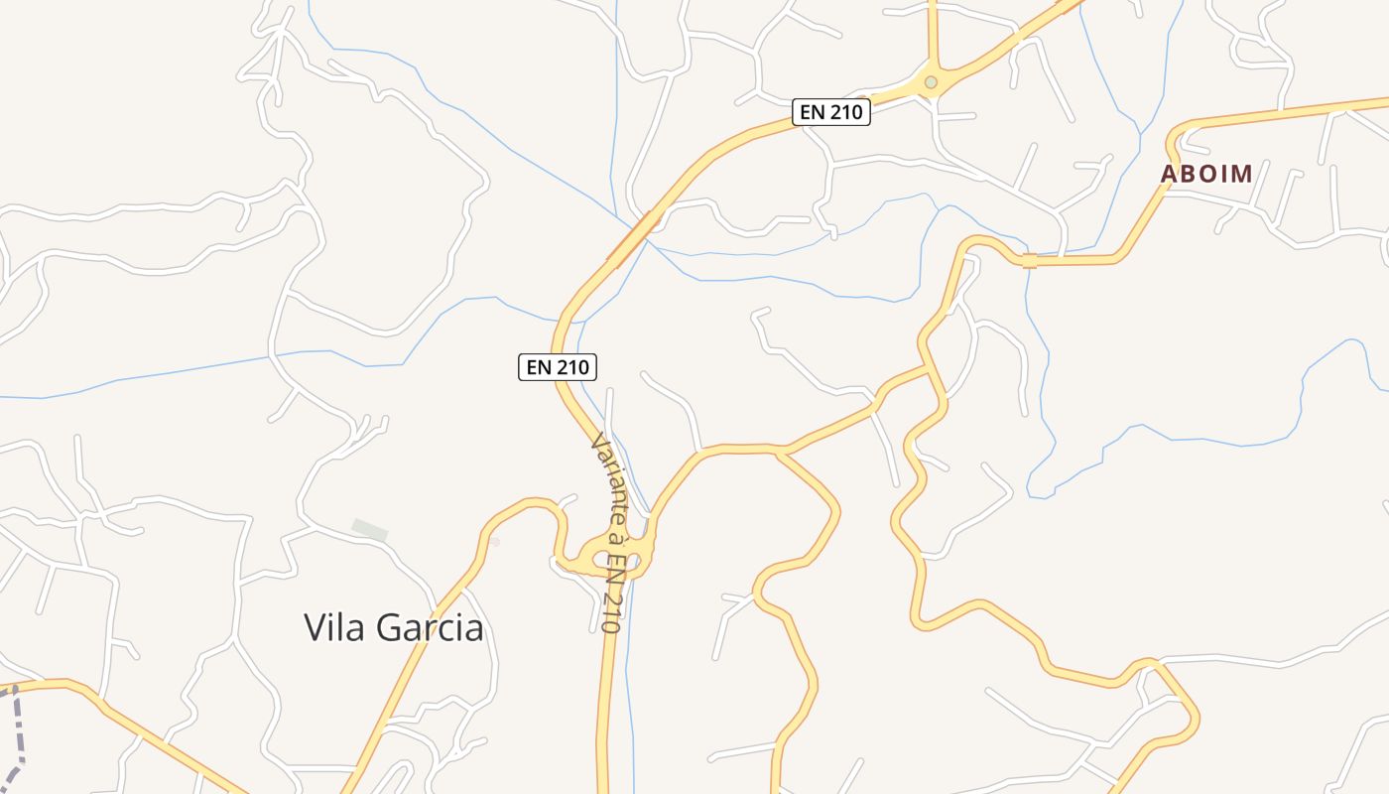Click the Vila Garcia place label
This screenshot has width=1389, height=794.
coord(394,627)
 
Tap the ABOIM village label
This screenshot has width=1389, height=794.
coord(1206,174)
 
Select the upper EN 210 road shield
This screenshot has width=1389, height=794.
coord(831,112)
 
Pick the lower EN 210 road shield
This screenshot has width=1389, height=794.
coord(558,367)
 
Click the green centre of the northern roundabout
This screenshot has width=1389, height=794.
coord(931,81)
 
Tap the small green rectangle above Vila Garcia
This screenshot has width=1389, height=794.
coord(370,530)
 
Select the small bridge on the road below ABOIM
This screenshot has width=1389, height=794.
coord(1029,261)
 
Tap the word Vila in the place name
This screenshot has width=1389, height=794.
coord(332,627)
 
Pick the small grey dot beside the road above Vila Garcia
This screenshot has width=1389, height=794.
coord(493,542)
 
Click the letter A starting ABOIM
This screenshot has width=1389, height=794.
coord(1169,174)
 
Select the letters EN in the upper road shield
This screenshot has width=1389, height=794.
coord(813,112)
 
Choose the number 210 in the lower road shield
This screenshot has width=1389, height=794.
coord(571,367)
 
